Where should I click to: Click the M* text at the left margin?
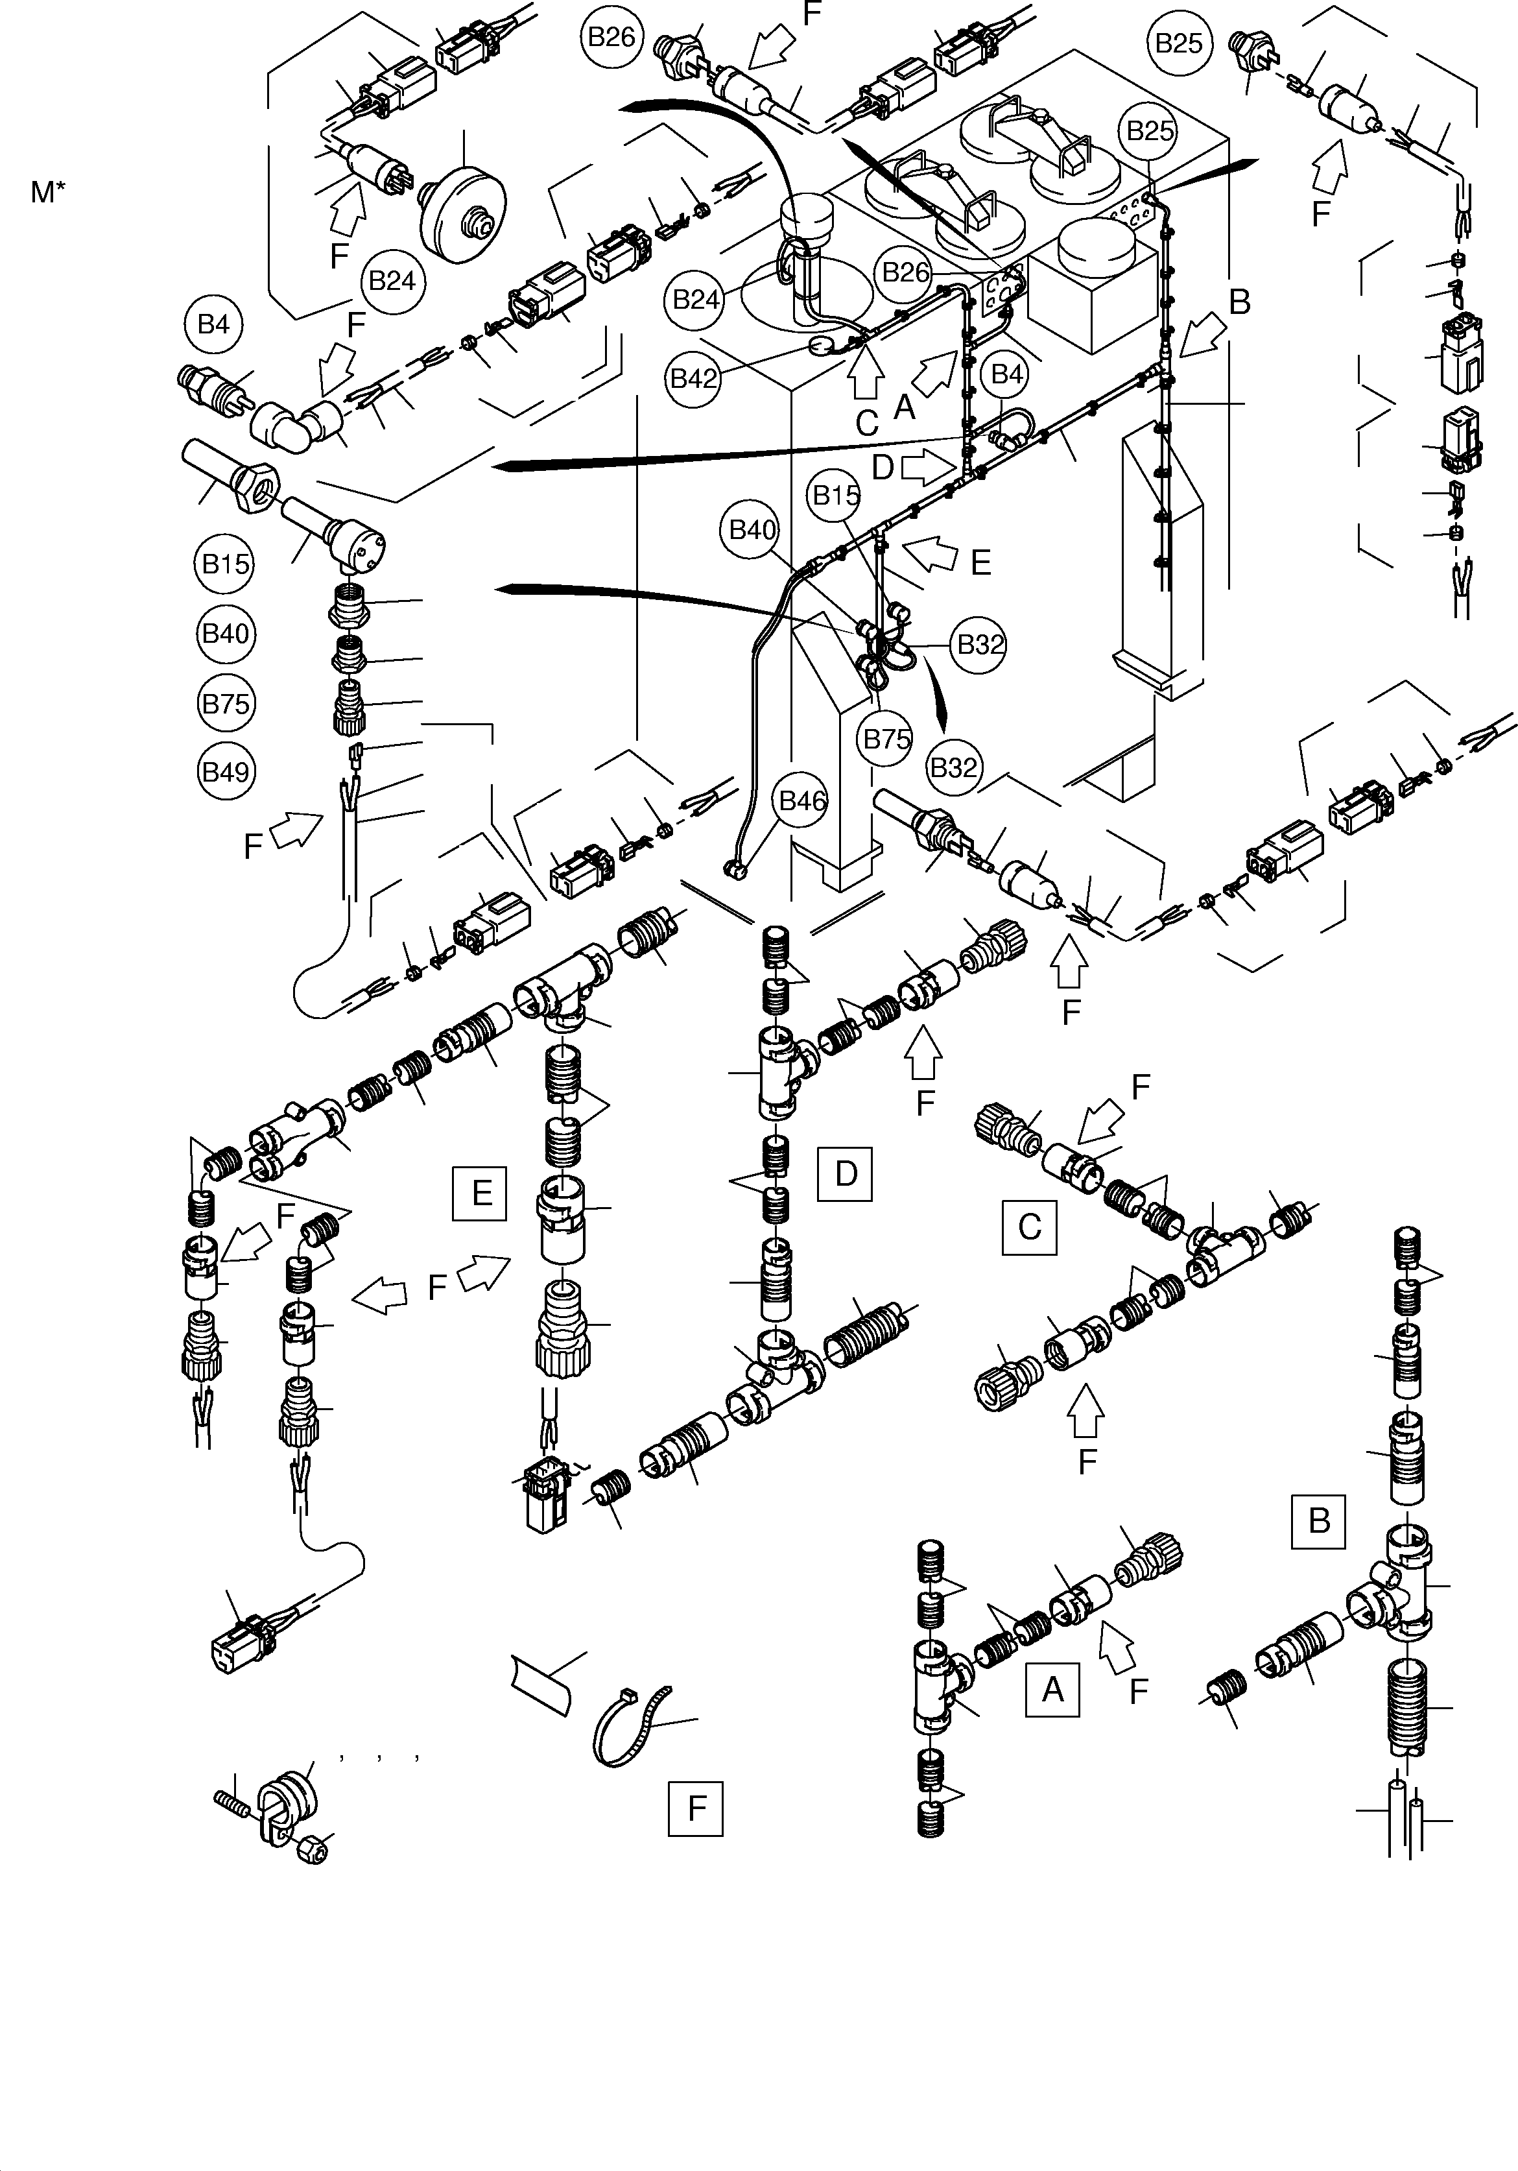[x=48, y=192]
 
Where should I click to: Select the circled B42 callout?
[x=694, y=378]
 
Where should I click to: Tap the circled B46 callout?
[x=801, y=801]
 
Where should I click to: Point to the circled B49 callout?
[x=226, y=773]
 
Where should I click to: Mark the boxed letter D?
[x=845, y=1173]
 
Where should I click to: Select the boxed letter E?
[x=480, y=1193]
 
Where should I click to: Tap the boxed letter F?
[x=696, y=1809]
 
